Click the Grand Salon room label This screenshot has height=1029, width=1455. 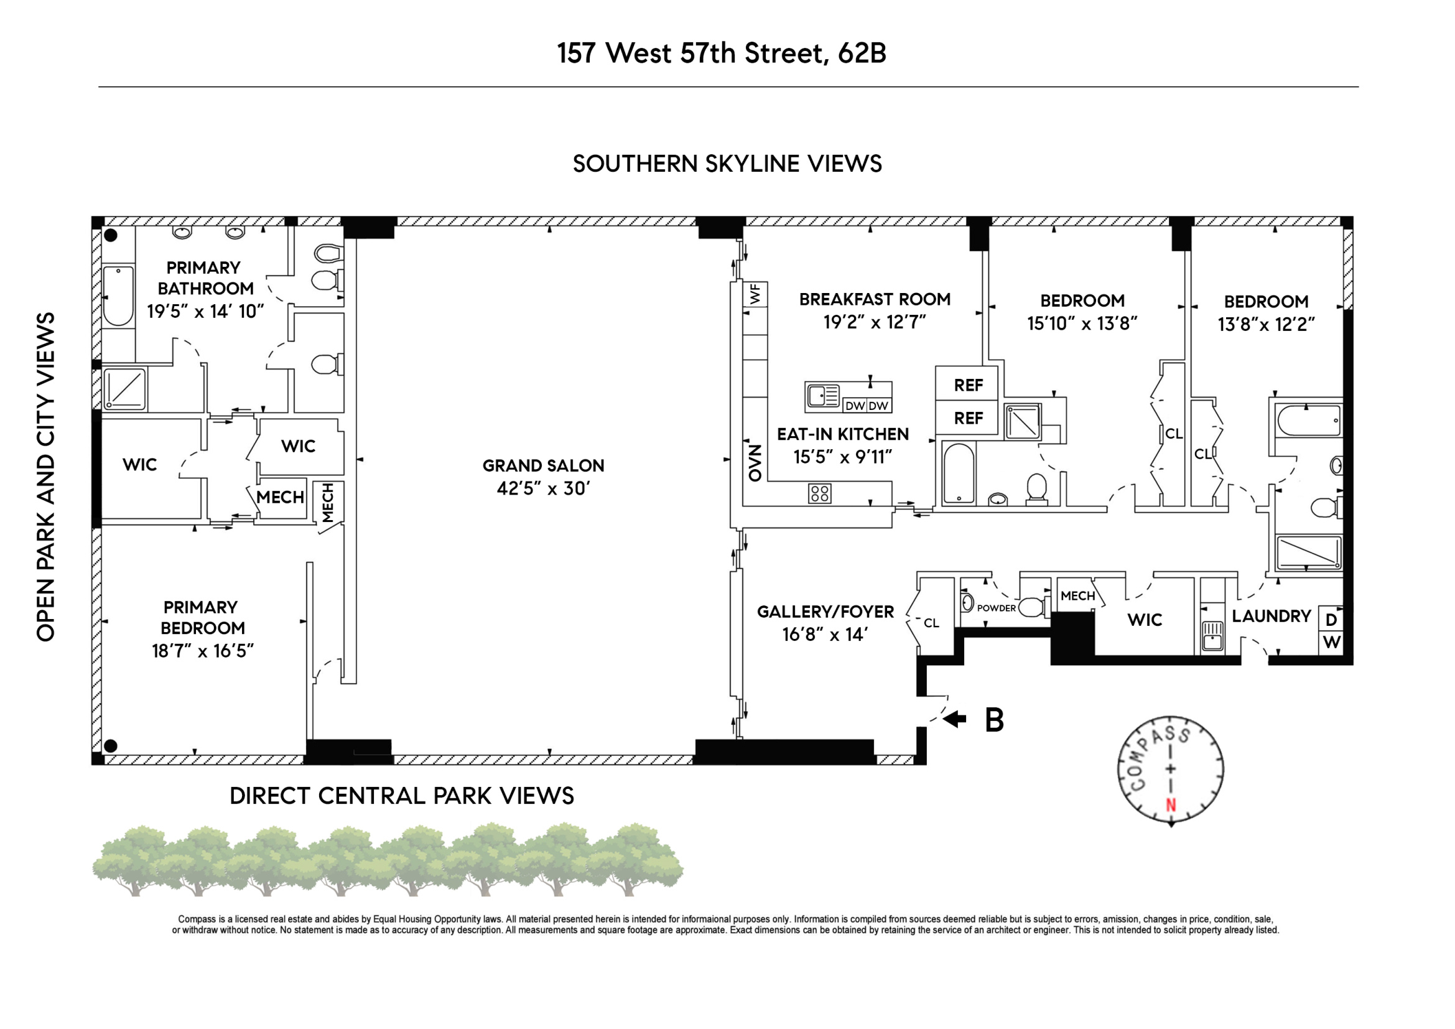(x=543, y=466)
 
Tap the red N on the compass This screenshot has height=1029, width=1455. (x=1171, y=804)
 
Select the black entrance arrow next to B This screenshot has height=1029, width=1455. (x=954, y=719)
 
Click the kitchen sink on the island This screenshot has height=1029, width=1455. (x=822, y=397)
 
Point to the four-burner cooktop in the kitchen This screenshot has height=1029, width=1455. (x=819, y=493)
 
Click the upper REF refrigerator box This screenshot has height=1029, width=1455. (x=968, y=384)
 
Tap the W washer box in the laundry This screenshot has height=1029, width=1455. (x=1331, y=643)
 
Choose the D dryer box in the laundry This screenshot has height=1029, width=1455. (x=1331, y=620)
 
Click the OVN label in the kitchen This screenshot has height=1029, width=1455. (x=754, y=462)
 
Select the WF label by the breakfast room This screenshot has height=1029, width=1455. (x=755, y=295)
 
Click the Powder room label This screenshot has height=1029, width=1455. (x=996, y=608)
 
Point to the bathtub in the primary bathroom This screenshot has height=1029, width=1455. (x=119, y=296)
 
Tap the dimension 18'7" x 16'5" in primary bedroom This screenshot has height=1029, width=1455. (x=202, y=651)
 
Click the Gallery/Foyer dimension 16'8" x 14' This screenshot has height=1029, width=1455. (x=825, y=634)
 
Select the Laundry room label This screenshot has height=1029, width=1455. (x=1271, y=616)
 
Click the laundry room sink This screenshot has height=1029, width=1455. (x=1212, y=636)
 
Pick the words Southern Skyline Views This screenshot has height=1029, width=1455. (x=727, y=164)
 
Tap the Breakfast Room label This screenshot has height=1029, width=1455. (x=875, y=299)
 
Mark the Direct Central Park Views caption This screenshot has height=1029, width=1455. (x=401, y=796)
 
